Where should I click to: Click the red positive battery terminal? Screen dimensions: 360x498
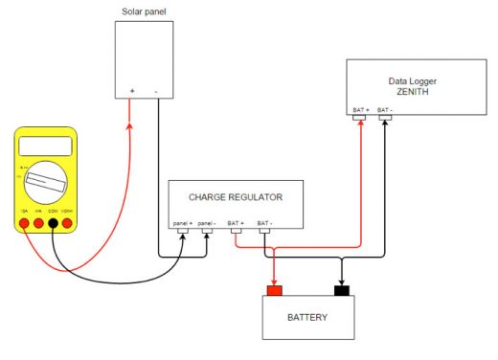pyautogui.click(x=274, y=289)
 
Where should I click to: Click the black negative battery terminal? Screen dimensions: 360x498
pyautogui.click(x=340, y=289)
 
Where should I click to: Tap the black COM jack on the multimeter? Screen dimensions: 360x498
pyautogui.click(x=53, y=223)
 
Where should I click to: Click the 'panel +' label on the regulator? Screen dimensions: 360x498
pyautogui.click(x=183, y=222)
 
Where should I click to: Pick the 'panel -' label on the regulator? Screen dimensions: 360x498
pyautogui.click(x=208, y=222)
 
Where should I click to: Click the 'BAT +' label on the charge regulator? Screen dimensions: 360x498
pyautogui.click(x=237, y=222)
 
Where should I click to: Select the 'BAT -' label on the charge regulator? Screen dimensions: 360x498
pyautogui.click(x=265, y=222)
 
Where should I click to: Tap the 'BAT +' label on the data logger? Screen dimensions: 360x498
pyautogui.click(x=360, y=110)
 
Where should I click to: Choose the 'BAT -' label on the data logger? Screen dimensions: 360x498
pyautogui.click(x=385, y=110)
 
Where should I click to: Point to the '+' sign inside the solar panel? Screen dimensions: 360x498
pyautogui.click(x=132, y=92)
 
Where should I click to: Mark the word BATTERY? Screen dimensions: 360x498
pyautogui.click(x=308, y=317)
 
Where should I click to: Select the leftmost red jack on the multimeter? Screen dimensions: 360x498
pyautogui.click(x=23, y=223)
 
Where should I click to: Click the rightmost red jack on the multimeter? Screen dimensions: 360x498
pyautogui.click(x=68, y=223)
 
